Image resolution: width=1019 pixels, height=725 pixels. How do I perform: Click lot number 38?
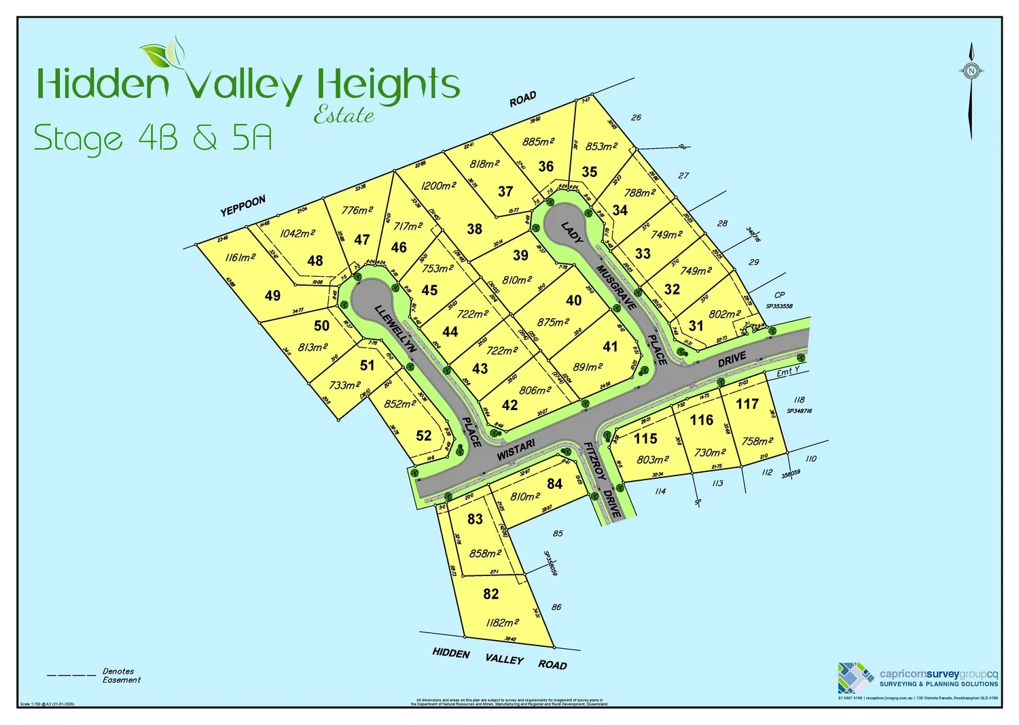[x=475, y=229]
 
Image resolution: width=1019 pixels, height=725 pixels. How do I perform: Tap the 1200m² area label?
[x=437, y=186]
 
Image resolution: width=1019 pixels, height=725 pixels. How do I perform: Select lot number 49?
[x=272, y=295]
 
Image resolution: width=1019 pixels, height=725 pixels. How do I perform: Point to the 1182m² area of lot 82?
[x=503, y=622]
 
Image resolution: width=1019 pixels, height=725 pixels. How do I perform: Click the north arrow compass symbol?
[x=971, y=71]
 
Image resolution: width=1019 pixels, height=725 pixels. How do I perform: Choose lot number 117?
[x=747, y=404]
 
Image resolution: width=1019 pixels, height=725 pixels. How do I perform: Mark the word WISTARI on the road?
[x=516, y=450]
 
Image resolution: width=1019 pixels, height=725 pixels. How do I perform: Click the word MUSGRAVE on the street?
[x=616, y=287]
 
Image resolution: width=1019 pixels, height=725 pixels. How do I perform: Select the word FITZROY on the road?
[x=595, y=462]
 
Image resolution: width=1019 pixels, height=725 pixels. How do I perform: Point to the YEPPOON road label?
[x=243, y=205]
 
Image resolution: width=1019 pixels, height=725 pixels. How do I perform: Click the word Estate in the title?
[x=344, y=116]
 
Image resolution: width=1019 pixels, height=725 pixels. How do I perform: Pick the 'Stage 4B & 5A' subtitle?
[x=153, y=138]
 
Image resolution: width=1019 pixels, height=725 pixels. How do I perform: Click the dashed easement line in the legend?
[x=71, y=675]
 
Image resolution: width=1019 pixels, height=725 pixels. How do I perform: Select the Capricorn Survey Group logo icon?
[x=855, y=677]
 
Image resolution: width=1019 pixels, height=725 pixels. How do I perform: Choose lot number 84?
[x=555, y=484]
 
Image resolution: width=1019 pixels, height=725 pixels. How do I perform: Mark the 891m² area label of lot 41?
[x=588, y=367]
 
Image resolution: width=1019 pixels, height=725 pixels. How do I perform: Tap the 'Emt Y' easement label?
[x=788, y=371]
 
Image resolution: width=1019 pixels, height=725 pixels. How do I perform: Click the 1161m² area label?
[x=240, y=258]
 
